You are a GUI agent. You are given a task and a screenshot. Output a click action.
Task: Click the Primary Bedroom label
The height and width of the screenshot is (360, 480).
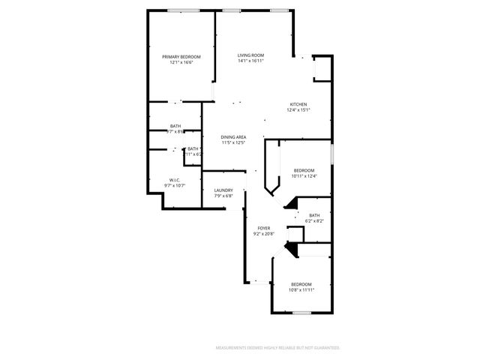point(181,57)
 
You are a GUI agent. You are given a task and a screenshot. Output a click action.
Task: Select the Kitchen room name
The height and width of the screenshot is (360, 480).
point(298,104)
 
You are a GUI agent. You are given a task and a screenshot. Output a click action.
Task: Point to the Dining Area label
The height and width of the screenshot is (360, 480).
point(233,137)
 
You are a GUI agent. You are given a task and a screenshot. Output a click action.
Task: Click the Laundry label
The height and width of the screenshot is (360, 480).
point(223,190)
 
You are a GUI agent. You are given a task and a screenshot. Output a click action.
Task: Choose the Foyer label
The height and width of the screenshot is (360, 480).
point(264,228)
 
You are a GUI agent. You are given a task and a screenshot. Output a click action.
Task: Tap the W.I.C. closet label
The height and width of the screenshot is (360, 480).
point(175,179)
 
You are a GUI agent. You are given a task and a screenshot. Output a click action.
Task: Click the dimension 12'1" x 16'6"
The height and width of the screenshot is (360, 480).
point(181,62)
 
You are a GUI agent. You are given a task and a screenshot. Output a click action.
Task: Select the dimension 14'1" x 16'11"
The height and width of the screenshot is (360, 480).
point(250,61)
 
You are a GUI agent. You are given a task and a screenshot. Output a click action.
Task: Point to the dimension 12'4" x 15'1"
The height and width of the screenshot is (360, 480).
point(298,110)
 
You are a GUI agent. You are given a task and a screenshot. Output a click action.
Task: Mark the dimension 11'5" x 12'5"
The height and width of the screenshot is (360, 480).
point(233,142)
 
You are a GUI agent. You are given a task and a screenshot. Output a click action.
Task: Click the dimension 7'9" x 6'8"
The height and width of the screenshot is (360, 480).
point(223,196)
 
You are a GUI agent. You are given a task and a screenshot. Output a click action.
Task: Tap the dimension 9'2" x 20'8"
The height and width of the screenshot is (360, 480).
point(264,233)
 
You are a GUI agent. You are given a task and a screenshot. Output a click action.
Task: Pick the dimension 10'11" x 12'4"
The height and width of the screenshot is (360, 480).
point(304,176)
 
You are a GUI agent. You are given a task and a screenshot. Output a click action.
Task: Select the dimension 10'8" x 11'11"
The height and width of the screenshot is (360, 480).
point(301,289)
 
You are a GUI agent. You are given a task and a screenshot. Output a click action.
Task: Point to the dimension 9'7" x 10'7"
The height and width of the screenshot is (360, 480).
point(175,185)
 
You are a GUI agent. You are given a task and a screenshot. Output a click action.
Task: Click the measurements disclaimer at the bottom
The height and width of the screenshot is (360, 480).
point(277,348)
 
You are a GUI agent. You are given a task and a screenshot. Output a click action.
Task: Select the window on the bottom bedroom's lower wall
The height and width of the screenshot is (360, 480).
point(301,313)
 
